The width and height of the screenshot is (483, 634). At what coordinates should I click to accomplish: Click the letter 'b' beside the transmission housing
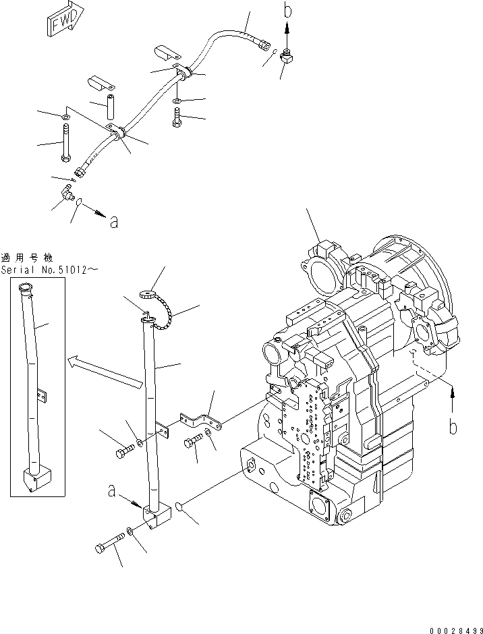coord(454,426)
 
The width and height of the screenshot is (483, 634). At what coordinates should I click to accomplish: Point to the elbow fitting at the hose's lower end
coord(67,194)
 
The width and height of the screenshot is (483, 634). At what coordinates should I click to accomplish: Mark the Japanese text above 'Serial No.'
coord(30,258)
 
